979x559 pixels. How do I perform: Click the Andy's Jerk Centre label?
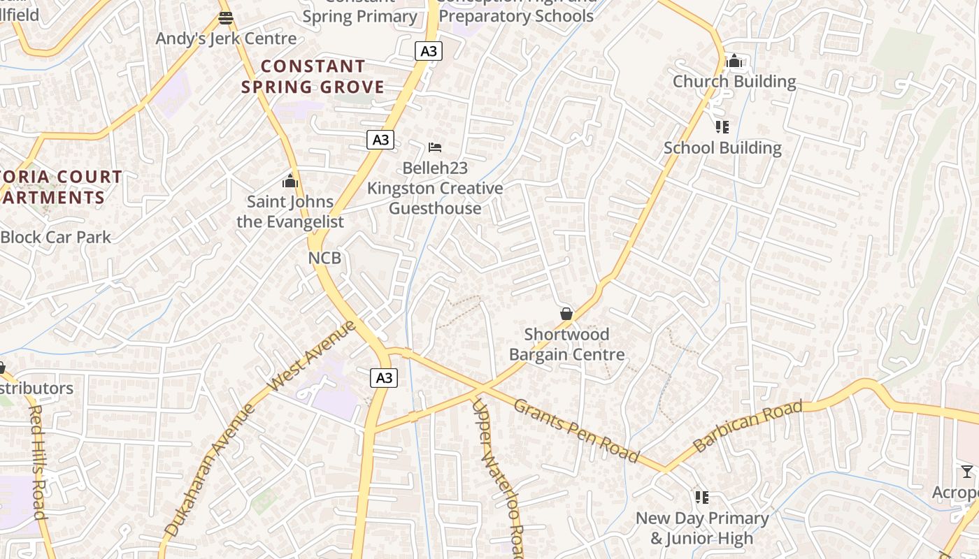(226, 38)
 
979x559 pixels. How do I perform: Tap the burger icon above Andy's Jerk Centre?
(225, 18)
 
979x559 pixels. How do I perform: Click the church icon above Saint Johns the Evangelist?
(290, 182)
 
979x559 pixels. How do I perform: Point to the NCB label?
(324, 258)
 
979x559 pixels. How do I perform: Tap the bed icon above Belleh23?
(435, 147)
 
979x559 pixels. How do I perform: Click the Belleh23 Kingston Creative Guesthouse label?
(435, 188)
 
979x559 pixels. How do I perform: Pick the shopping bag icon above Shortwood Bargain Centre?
(566, 314)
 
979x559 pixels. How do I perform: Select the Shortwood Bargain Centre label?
(566, 344)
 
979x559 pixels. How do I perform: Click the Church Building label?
(734, 82)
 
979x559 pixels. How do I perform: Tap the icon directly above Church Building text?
(734, 61)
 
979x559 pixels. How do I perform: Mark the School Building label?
(722, 148)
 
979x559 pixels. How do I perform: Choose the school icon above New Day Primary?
(701, 498)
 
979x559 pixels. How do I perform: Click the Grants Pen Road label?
(576, 430)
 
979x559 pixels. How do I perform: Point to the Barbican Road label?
(748, 426)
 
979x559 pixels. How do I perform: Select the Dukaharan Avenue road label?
(210, 471)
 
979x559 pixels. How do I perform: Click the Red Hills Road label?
(38, 461)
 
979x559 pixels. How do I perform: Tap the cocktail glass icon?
(967, 472)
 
